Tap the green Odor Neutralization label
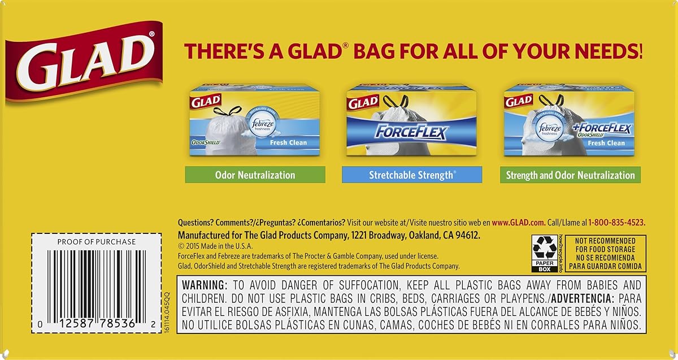pyautogui.click(x=255, y=175)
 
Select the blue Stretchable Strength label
pyautogui.click(x=411, y=175)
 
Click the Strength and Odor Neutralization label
pyautogui.click(x=570, y=175)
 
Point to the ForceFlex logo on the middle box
pyautogui.click(x=412, y=132)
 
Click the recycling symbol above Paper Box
pyautogui.click(x=545, y=248)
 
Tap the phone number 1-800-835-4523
pyautogui.click(x=616, y=223)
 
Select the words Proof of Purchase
pyautogui.click(x=97, y=241)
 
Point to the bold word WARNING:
pyautogui.click(x=205, y=285)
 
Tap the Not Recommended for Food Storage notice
pyautogui.click(x=605, y=253)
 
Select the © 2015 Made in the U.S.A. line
pyautogui.click(x=215, y=246)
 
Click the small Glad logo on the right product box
pyautogui.click(x=518, y=102)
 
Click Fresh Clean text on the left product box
pyautogui.click(x=288, y=142)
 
